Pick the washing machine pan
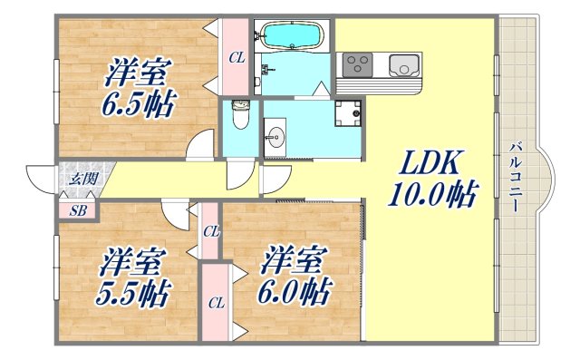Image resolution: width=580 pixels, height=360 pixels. [x=348, y=115]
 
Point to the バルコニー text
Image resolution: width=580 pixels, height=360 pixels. [x=515, y=178]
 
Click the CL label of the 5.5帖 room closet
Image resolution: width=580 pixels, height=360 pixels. [x=216, y=301]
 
